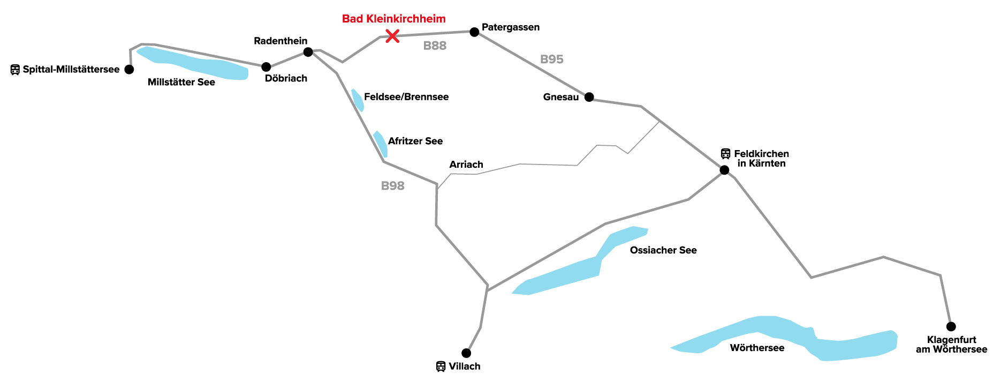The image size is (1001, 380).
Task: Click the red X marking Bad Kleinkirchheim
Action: click(x=392, y=36)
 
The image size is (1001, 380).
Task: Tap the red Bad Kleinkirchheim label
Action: click(x=393, y=19)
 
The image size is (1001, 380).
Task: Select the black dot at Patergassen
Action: click(x=474, y=32)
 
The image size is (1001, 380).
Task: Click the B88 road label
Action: click(x=435, y=46)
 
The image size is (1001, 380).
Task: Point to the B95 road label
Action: click(x=551, y=59)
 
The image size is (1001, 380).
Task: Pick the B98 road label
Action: click(x=392, y=186)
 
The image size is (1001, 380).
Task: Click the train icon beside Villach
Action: click(x=441, y=367)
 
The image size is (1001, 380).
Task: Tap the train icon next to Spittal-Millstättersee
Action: click(x=15, y=70)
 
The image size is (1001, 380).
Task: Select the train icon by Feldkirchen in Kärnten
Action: click(x=725, y=154)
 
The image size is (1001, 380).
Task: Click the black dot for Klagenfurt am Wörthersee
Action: click(x=951, y=326)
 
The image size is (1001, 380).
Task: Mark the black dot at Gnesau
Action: click(x=589, y=97)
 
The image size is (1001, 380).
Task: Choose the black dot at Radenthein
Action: click(x=308, y=52)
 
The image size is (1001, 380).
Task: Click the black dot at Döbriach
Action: click(x=266, y=67)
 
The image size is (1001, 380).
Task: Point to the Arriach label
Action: click(x=466, y=165)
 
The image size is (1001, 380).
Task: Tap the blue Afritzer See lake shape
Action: click(x=381, y=144)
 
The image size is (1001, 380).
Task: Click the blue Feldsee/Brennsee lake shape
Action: click(x=358, y=100)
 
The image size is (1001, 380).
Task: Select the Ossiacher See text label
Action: click(x=663, y=250)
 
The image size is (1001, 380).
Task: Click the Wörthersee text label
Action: click(x=757, y=348)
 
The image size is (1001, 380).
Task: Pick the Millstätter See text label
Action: click(x=181, y=83)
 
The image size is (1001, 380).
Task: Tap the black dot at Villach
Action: click(x=466, y=353)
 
